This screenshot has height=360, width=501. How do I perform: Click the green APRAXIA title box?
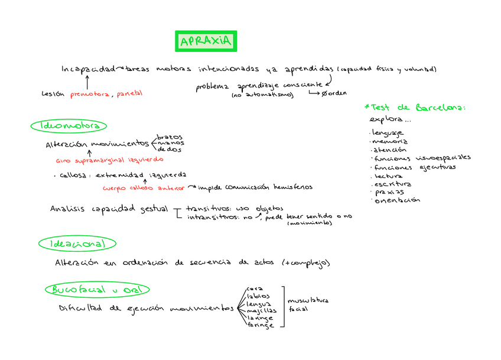(206, 41)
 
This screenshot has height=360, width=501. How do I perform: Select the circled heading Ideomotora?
(69, 126)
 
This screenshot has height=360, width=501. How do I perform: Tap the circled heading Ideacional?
(77, 244)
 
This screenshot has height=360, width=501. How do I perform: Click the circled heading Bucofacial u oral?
(97, 290)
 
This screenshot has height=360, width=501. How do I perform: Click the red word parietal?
(129, 94)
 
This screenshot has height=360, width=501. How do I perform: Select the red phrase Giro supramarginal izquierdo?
(109, 160)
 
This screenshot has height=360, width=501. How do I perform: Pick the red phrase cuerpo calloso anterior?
(144, 188)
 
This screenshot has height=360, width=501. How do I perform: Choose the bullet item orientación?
(397, 200)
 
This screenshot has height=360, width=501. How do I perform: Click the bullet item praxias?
(390, 192)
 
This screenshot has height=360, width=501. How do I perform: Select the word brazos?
(170, 137)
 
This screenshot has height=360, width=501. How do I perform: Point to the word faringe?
(261, 325)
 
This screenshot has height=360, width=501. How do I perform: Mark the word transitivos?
(205, 209)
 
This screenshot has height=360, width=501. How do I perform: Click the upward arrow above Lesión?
(87, 82)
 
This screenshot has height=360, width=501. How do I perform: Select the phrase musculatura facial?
(307, 304)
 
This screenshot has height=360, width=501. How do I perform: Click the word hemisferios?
(293, 187)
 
